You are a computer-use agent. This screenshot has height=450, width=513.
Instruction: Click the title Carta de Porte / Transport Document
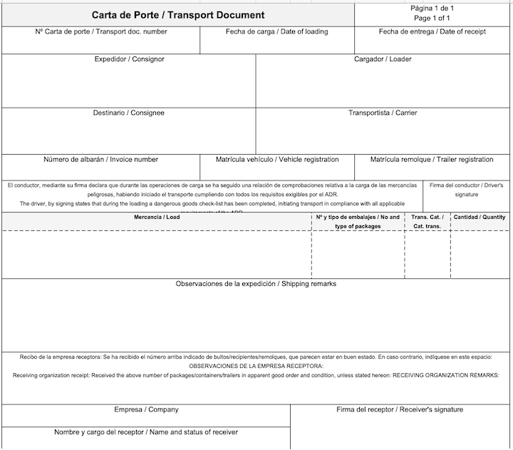pos(178,15)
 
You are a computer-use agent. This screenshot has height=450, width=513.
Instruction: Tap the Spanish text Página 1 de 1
pos(432,8)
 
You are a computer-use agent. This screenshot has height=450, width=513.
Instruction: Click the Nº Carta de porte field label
pos(100,31)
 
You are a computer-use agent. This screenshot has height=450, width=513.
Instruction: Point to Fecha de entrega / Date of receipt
pos(432,31)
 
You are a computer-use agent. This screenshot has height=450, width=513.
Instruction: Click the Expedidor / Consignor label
pos(129,59)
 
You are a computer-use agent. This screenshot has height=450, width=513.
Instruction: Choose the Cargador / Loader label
pos(383,59)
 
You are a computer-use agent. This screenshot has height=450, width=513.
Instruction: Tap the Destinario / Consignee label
pos(128,113)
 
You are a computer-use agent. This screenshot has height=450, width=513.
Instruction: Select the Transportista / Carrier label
pos(383,113)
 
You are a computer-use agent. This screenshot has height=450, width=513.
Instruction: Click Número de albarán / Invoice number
pos(100,160)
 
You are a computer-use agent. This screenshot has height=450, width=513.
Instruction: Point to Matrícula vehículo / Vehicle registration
pos(277,160)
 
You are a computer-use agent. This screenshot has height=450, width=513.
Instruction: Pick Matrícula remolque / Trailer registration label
pos(432,160)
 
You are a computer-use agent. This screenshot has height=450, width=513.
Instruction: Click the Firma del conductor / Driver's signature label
pos(467,189)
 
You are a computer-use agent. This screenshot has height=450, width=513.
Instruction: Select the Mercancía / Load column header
pos(157,217)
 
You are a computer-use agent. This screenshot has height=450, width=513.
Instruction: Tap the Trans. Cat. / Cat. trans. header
pos(427,221)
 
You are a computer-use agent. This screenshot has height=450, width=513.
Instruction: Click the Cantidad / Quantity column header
pos(480,217)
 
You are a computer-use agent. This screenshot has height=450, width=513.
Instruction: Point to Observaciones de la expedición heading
pos(256,284)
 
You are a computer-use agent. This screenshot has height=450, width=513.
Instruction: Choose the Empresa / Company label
pos(146,410)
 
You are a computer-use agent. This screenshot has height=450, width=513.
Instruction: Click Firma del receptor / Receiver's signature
pos(400,410)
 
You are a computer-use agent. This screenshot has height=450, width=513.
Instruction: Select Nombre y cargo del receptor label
pos(146,432)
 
